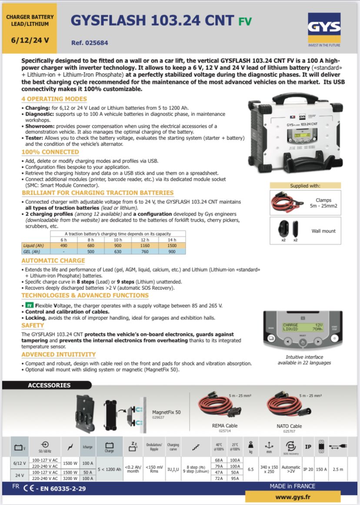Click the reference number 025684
click(x=90, y=43)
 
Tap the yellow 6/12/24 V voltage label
click(x=30, y=40)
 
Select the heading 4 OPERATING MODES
click(x=54, y=99)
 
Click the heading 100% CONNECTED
click(x=50, y=152)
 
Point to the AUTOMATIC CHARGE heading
click(x=53, y=261)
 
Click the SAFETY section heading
click(x=33, y=325)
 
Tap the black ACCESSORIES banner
click(x=49, y=385)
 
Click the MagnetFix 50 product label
click(x=166, y=412)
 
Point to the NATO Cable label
click(x=289, y=426)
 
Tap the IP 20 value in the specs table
click(x=308, y=469)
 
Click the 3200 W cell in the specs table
click(x=71, y=478)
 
